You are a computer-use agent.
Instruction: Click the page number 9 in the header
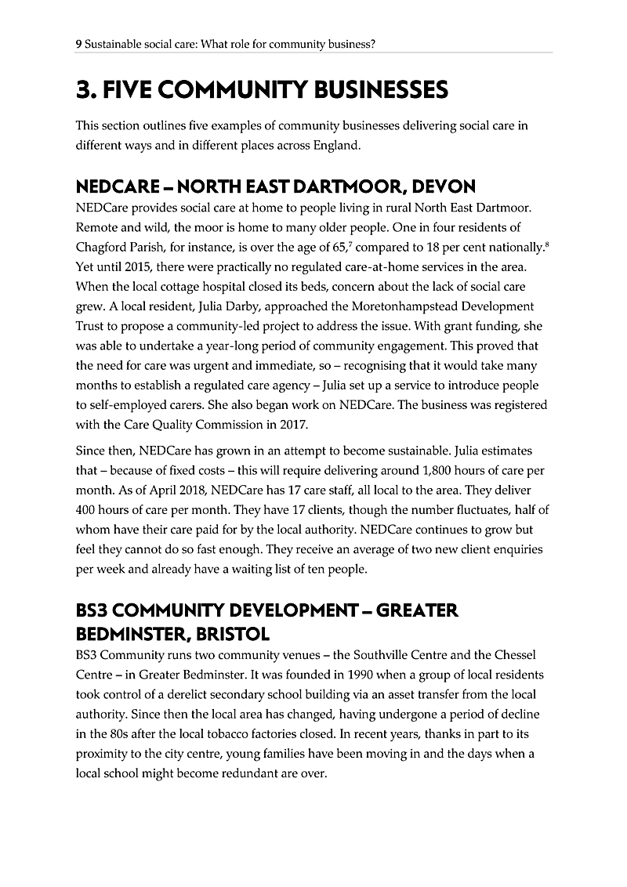point(78,45)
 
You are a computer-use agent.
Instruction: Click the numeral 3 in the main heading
point(84,90)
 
